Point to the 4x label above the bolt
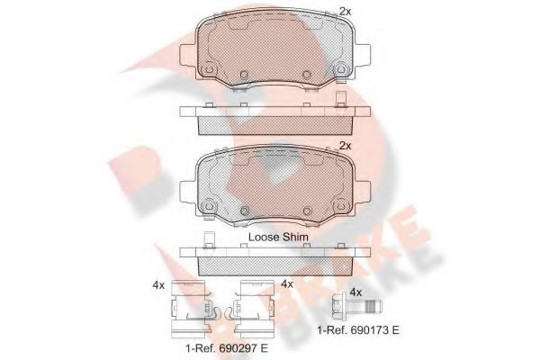[x=355, y=291]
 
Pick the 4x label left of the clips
[x=158, y=284]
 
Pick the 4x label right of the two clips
[x=288, y=284]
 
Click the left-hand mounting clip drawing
[x=190, y=306]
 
